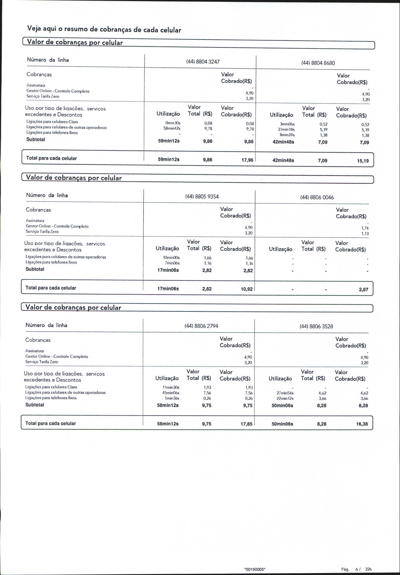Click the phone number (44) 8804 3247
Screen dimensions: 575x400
(203, 62)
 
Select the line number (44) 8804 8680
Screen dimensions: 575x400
(318, 63)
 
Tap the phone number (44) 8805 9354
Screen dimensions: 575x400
(202, 197)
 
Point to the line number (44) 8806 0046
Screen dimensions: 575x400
(317, 197)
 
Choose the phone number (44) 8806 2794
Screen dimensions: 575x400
(201, 326)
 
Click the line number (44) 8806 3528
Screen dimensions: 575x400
(316, 326)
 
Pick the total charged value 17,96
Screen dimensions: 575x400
(247, 160)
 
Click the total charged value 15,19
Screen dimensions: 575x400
(363, 161)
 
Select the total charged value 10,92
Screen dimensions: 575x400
(246, 289)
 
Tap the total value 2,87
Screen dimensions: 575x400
(363, 289)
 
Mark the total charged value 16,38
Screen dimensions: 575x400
(362, 424)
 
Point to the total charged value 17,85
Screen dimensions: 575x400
(246, 424)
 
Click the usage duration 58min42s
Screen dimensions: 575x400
(172, 128)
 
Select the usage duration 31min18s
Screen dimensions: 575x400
(286, 129)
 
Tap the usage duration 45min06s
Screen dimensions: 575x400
(171, 393)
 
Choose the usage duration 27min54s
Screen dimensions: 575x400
(285, 393)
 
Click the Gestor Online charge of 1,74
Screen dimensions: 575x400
(365, 228)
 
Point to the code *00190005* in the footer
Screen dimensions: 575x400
(255, 569)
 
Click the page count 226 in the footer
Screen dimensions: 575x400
(368, 569)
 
